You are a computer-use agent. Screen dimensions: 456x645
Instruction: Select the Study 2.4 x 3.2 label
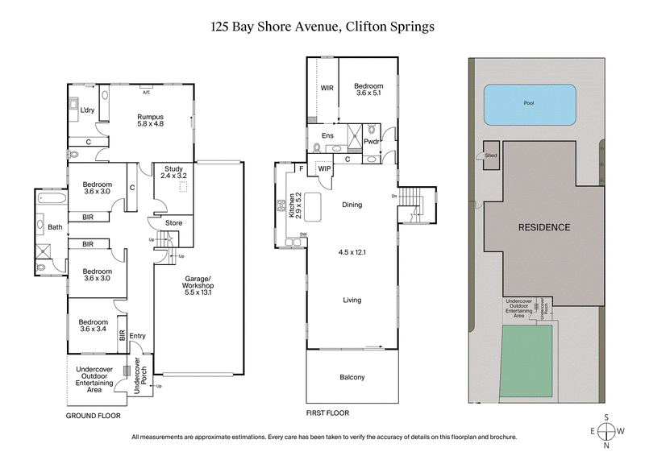point(173,172)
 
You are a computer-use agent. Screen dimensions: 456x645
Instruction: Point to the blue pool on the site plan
point(529,104)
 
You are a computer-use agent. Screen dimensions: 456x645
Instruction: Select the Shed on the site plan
point(490,156)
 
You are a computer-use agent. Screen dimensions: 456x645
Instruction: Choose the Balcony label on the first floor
point(352,377)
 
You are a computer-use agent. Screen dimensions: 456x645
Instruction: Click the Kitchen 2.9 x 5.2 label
point(296,205)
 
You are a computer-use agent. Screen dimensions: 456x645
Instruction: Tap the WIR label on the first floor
point(327,88)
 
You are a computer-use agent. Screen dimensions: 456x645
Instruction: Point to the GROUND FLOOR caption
point(94,417)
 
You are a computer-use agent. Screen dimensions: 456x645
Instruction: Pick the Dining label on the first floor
point(352,205)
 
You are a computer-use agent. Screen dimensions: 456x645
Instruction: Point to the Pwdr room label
point(372,141)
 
